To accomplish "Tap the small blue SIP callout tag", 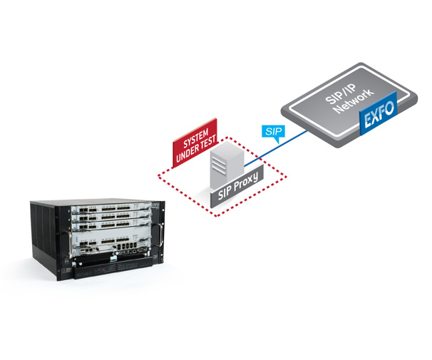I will coord(272,131).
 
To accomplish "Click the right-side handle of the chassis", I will coord(161,236).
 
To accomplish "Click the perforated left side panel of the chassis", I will coord(46,235).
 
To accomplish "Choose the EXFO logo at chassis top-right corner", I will coord(152,203).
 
